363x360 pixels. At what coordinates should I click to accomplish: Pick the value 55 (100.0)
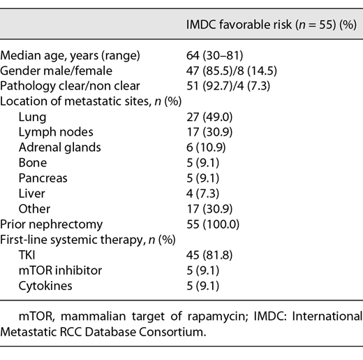[x=209, y=224]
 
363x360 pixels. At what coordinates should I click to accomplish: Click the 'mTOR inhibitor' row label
[x=58, y=270]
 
